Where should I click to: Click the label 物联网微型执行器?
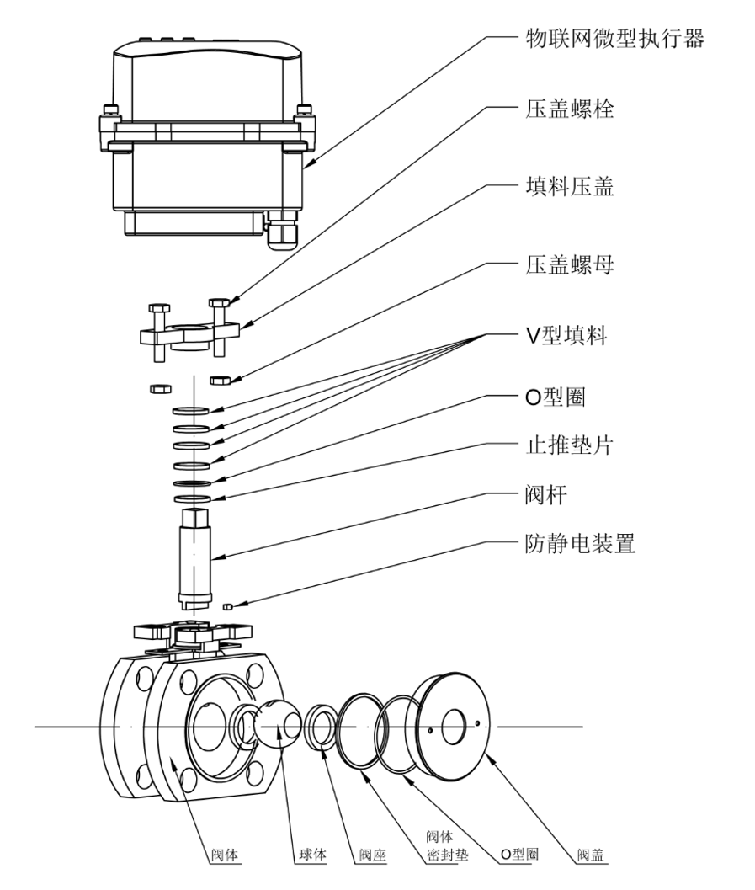[609, 38]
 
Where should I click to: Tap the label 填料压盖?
[563, 187]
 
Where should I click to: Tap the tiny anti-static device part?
[227, 605]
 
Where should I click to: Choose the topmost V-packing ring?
[193, 412]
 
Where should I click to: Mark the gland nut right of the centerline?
[222, 380]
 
